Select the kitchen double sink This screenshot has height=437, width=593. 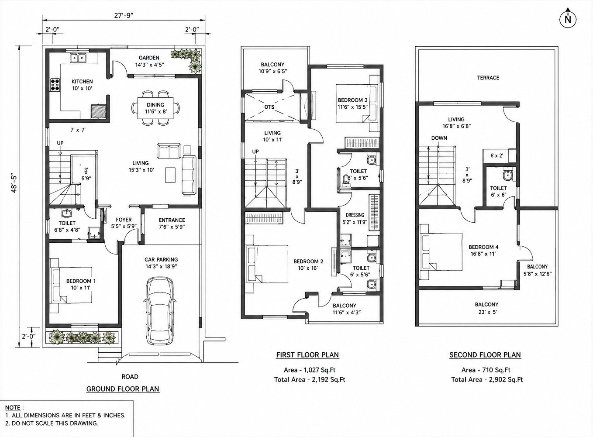point(78,58)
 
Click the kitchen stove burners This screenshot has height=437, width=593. point(55,84)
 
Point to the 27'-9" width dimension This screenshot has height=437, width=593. point(124,16)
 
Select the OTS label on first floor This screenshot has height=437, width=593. point(269,107)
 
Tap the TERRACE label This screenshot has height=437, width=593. point(488,78)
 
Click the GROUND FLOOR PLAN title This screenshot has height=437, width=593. point(123,389)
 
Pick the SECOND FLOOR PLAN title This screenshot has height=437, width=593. point(485,355)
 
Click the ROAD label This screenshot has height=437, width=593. point(130,376)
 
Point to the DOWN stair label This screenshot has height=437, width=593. point(439,138)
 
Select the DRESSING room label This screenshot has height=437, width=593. point(355,215)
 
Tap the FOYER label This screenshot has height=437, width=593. point(124,220)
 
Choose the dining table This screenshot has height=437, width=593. point(155,108)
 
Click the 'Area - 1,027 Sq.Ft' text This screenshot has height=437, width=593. point(310,370)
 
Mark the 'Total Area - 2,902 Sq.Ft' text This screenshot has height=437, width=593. point(487,379)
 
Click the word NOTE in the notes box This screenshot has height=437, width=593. point(13,407)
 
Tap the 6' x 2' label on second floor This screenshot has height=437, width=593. point(496,155)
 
